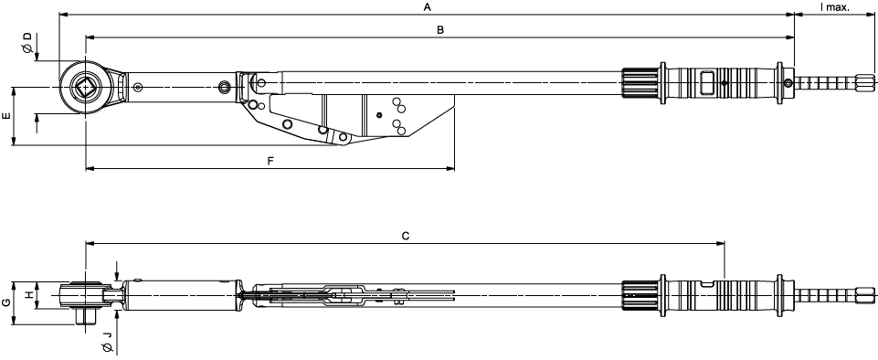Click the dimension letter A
(x=428, y=7)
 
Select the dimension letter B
(x=440, y=30)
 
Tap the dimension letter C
(x=406, y=237)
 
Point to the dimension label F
(x=270, y=161)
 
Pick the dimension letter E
(x=6, y=116)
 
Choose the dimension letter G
(x=6, y=302)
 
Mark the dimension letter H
(x=26, y=295)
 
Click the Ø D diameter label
(x=26, y=43)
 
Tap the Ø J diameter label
(x=106, y=338)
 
